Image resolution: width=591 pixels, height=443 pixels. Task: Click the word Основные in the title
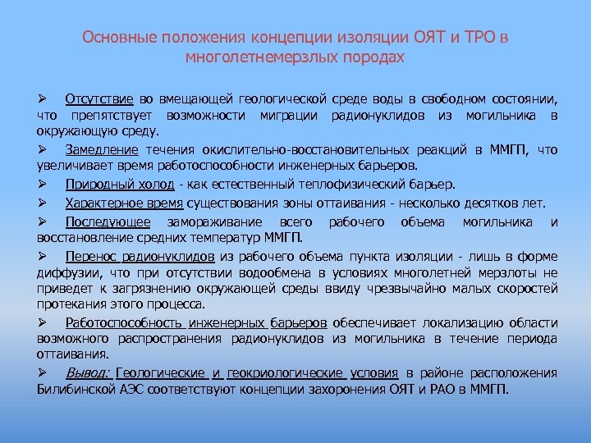coord(115,39)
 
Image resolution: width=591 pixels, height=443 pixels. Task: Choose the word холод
coord(153,184)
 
